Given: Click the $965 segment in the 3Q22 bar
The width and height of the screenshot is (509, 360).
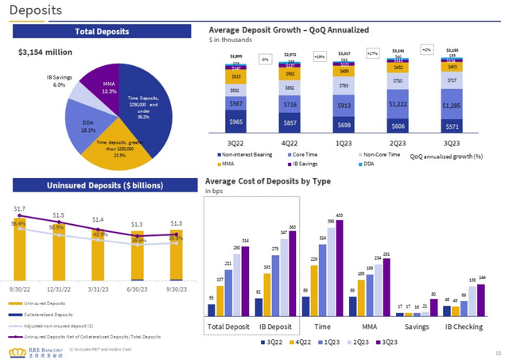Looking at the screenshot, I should pos(236,122).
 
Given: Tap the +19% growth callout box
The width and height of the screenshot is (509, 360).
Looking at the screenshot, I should pos(320,56).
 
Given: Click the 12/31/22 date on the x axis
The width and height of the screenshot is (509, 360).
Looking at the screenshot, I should pos(60,289).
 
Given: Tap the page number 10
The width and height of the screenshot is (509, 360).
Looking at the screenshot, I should pos(497,350).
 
